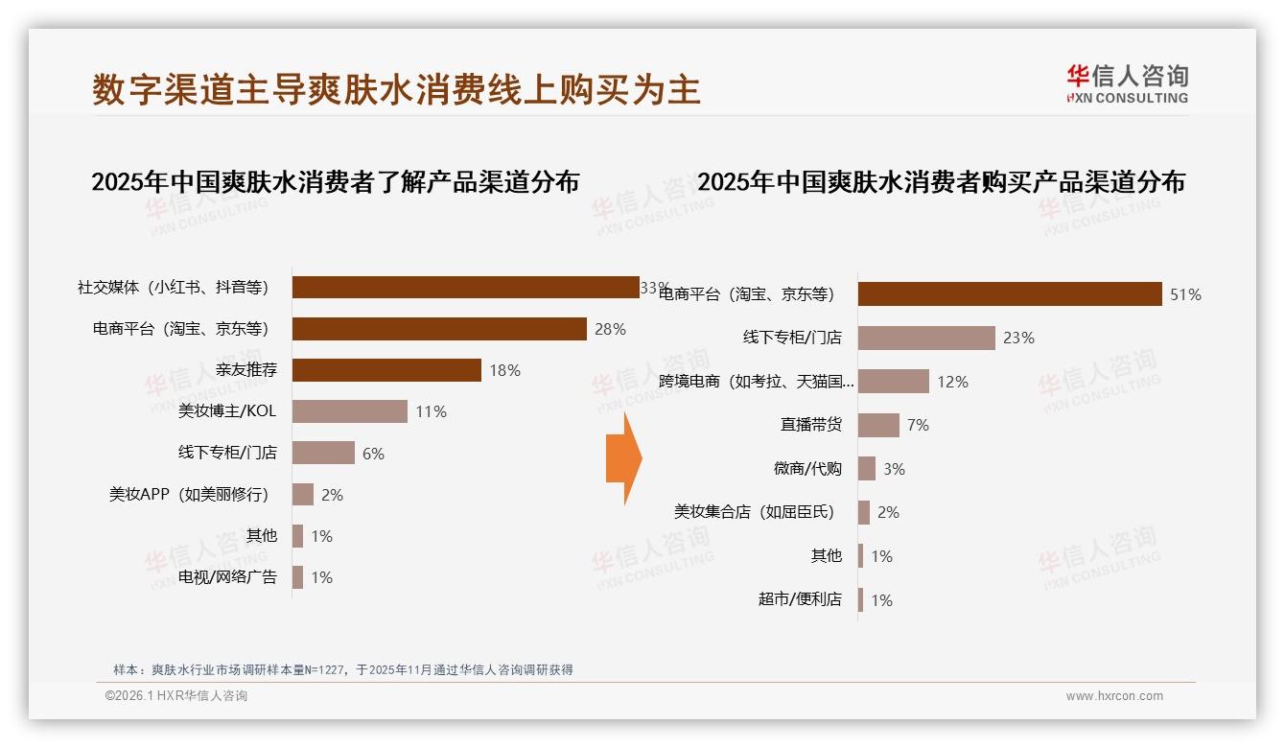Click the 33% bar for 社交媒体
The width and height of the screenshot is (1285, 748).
pyautogui.click(x=465, y=288)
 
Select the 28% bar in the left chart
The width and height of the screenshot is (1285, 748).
pyautogui.click(x=439, y=329)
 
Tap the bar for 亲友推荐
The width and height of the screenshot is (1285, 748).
pyautogui.click(x=386, y=370)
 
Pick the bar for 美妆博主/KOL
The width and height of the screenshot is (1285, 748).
pyautogui.click(x=350, y=411)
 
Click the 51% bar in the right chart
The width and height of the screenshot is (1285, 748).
pyautogui.click(x=1010, y=294)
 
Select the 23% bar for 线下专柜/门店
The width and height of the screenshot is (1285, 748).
pyautogui.click(x=926, y=338)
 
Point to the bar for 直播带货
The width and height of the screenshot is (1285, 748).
pyautogui.click(x=878, y=425)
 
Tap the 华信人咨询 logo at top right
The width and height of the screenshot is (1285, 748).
pyautogui.click(x=1127, y=83)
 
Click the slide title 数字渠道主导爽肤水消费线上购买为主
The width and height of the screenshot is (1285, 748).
pyautogui.click(x=396, y=89)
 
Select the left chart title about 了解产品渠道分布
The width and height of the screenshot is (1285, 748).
pyautogui.click(x=335, y=181)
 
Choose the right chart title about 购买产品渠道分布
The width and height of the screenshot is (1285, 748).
pyautogui.click(x=941, y=181)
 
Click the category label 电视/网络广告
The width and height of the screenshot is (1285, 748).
pyautogui.click(x=227, y=577)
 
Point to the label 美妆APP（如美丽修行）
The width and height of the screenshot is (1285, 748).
pyautogui.click(x=189, y=495)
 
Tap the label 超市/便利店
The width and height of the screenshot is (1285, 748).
pyautogui.click(x=800, y=599)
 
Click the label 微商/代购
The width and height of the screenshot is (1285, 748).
pyautogui.click(x=807, y=469)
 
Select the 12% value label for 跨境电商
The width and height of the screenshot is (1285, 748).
pyautogui.click(x=952, y=382)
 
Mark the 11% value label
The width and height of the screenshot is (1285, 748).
pyautogui.click(x=431, y=411)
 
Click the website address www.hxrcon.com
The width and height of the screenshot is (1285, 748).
pyautogui.click(x=1114, y=696)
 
